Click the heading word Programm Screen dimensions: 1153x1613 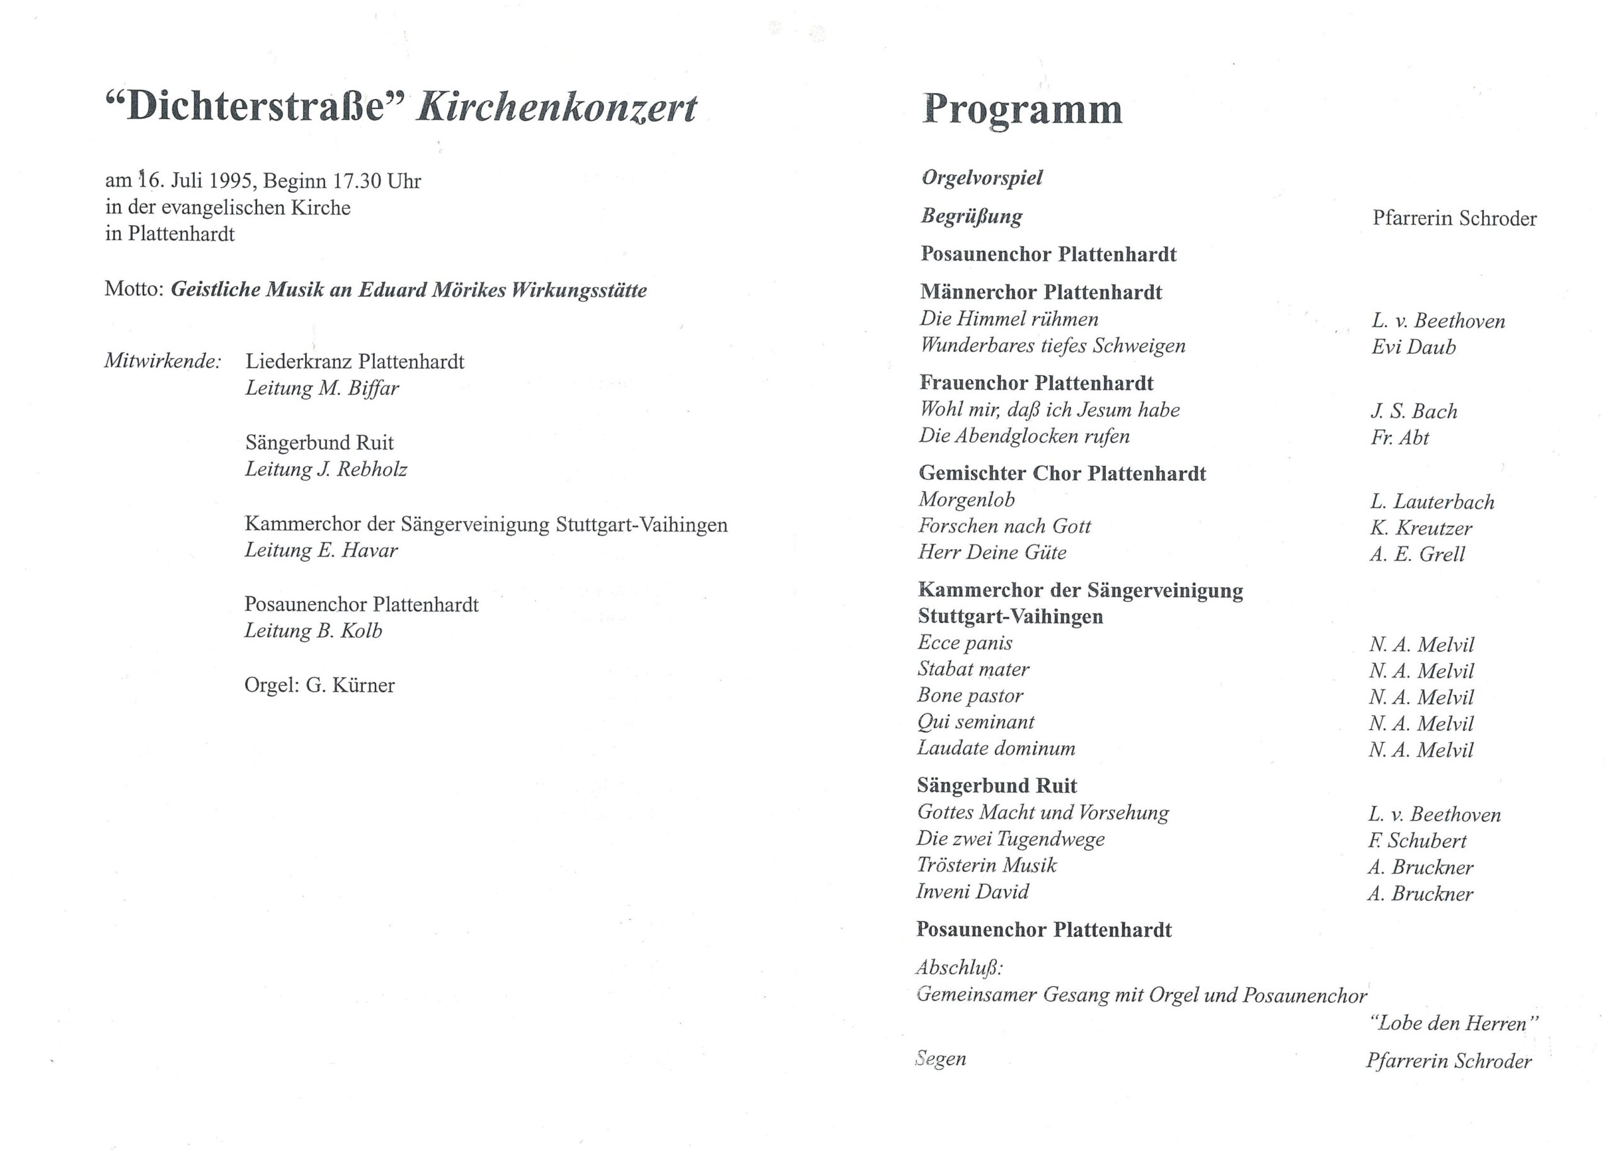click(1022, 111)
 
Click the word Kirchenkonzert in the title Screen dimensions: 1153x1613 click(556, 108)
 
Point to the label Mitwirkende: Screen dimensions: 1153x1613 click(163, 361)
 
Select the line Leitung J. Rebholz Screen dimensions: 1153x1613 click(326, 469)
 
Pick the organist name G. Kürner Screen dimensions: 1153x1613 click(350, 685)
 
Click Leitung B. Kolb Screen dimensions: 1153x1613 click(313, 630)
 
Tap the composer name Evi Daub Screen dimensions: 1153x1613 click(1413, 347)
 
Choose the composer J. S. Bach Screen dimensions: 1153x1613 click(1414, 411)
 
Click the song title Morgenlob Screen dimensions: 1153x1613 click(967, 500)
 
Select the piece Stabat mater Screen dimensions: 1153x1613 click(973, 669)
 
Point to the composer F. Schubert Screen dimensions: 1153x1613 click(1416, 840)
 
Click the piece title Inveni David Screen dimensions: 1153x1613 click(972, 892)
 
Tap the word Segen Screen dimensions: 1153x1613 click(940, 1058)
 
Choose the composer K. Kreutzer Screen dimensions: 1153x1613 click(1421, 528)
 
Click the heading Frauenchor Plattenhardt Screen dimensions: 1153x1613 click(1036, 383)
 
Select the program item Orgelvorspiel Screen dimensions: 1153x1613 click(982, 178)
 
